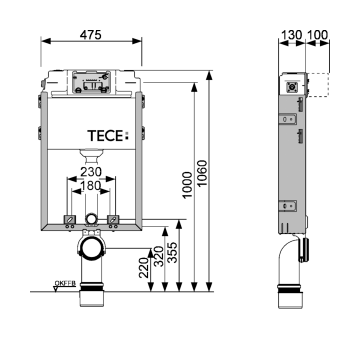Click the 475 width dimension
click(x=90, y=34)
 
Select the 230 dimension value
click(x=91, y=171)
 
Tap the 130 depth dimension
click(x=291, y=35)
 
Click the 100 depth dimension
click(x=317, y=35)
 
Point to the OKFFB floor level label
click(x=64, y=284)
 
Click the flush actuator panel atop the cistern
click(x=91, y=82)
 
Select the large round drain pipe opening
click(x=91, y=248)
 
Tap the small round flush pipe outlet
click(x=91, y=219)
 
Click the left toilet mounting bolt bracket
click(x=69, y=219)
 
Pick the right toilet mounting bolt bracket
click(x=113, y=219)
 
